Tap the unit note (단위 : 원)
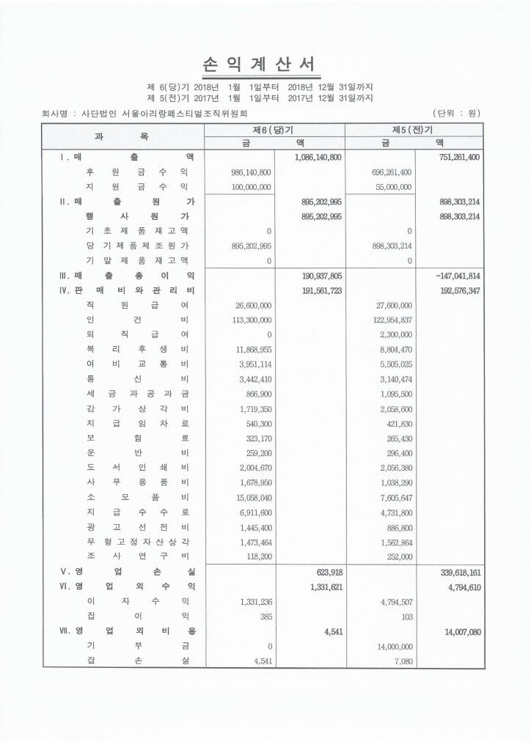(x=458, y=114)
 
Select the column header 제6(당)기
(x=277, y=130)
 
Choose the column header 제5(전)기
(x=414, y=130)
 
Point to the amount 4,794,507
(x=389, y=602)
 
